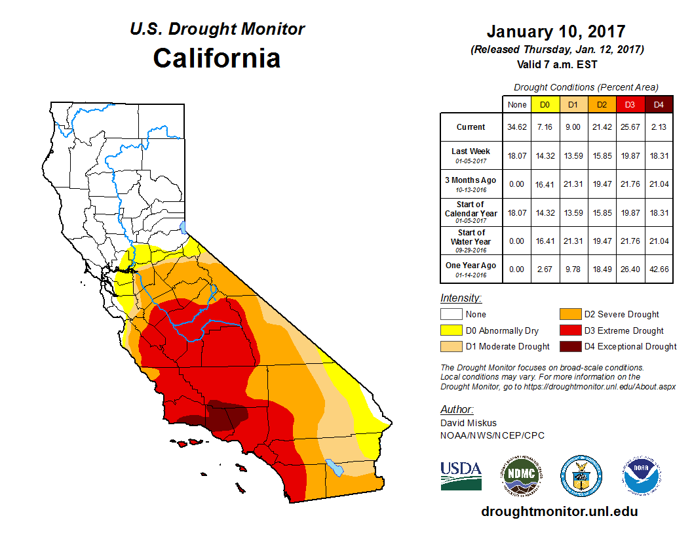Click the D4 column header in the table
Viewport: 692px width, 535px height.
(659, 104)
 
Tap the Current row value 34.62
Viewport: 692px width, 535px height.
(517, 127)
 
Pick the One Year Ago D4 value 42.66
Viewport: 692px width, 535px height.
(659, 266)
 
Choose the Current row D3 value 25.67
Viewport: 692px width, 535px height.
(630, 127)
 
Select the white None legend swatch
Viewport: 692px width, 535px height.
(451, 315)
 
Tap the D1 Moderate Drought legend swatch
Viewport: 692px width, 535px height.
(451, 346)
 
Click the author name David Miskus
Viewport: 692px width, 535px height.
(468, 424)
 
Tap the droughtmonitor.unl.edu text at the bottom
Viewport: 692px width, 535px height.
(559, 511)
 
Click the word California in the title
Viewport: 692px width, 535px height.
(217, 58)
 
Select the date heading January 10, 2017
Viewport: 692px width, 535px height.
(556, 31)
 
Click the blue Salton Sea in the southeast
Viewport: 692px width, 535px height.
(335, 467)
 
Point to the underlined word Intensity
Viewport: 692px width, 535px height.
(461, 298)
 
